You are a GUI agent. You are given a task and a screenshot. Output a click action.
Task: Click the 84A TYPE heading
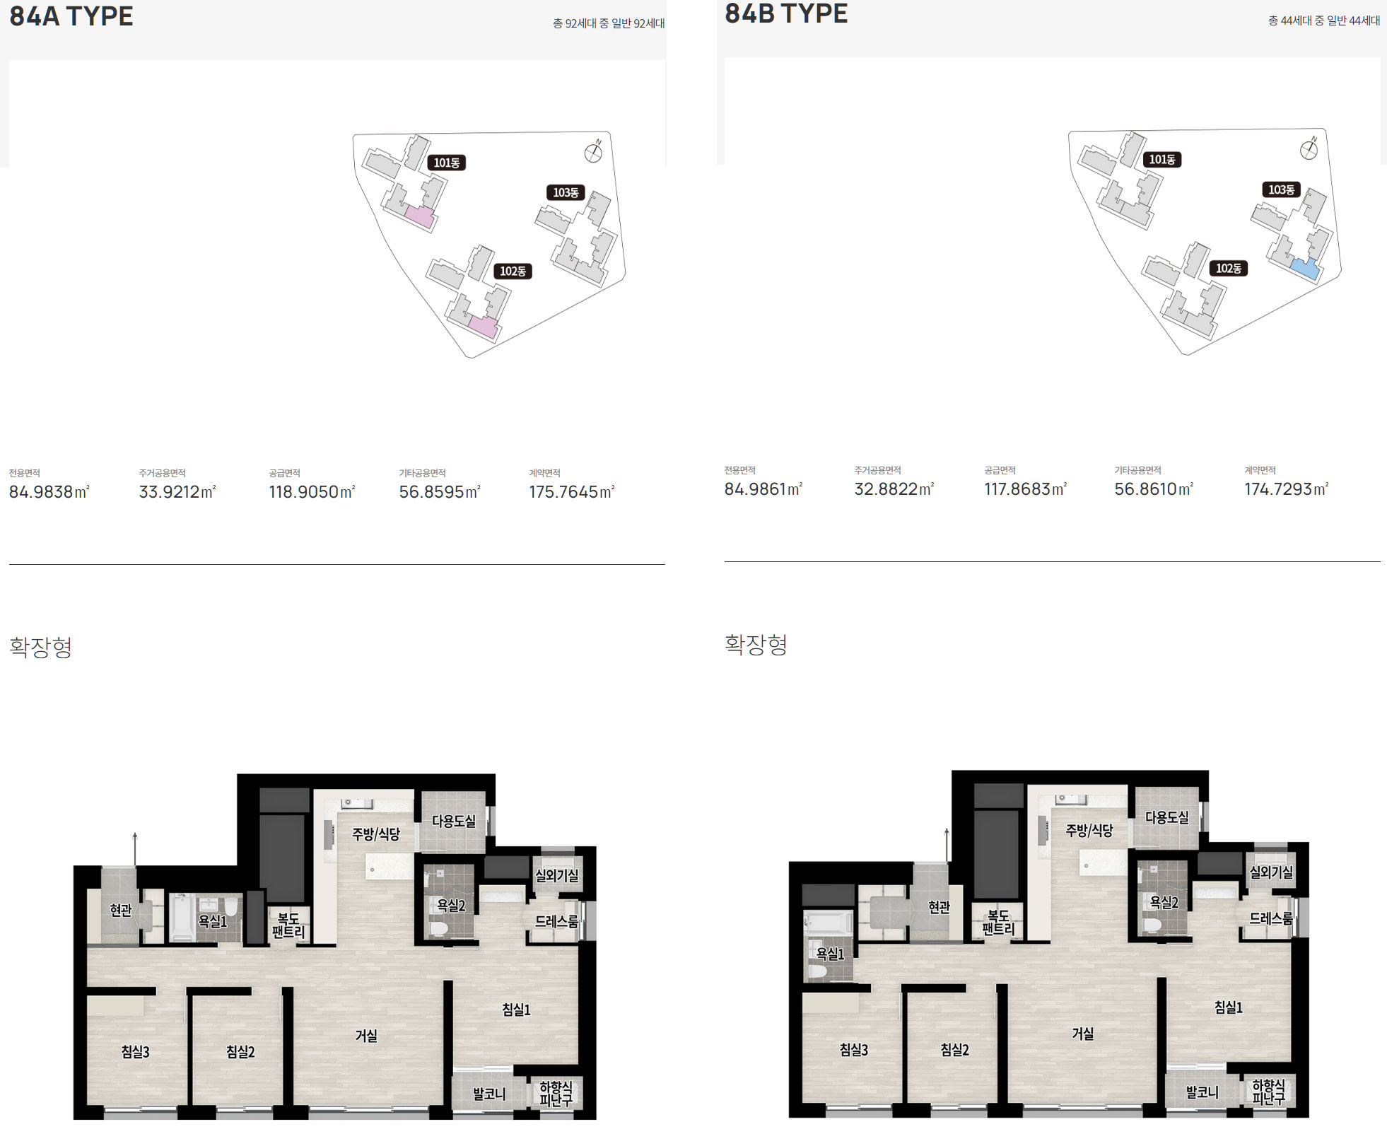click(x=71, y=16)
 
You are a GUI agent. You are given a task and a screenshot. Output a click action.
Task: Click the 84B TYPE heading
click(x=786, y=13)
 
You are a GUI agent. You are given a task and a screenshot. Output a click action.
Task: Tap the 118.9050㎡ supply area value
click(x=312, y=491)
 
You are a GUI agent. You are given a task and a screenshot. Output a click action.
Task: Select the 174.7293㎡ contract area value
click(x=1287, y=489)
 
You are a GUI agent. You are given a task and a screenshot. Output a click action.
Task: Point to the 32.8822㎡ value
click(x=894, y=489)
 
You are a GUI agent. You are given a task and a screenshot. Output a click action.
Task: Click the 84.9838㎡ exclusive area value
click(x=49, y=491)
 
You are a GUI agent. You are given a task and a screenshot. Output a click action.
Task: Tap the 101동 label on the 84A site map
click(x=447, y=163)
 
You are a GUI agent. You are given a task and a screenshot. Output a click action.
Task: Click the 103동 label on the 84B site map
click(x=1281, y=189)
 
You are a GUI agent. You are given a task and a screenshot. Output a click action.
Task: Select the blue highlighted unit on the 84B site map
click(x=1305, y=269)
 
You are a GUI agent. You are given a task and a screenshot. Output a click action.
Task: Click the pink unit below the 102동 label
click(x=484, y=327)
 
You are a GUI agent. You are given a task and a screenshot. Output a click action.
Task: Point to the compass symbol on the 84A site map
click(x=593, y=152)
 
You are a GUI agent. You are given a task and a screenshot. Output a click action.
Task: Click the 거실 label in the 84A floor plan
click(x=366, y=1036)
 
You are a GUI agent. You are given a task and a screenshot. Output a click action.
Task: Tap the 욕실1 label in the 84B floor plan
click(x=830, y=954)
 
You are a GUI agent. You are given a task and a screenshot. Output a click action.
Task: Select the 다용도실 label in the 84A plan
click(x=454, y=821)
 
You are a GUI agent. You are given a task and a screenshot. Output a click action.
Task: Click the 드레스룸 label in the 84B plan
click(x=1271, y=918)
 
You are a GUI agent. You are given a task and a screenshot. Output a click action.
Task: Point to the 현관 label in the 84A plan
click(x=121, y=910)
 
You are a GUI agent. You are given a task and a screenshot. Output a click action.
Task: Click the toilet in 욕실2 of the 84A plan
click(x=438, y=929)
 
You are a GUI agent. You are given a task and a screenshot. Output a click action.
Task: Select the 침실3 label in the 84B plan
click(x=854, y=1050)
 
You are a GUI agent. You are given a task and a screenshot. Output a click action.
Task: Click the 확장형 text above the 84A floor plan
click(x=41, y=647)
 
